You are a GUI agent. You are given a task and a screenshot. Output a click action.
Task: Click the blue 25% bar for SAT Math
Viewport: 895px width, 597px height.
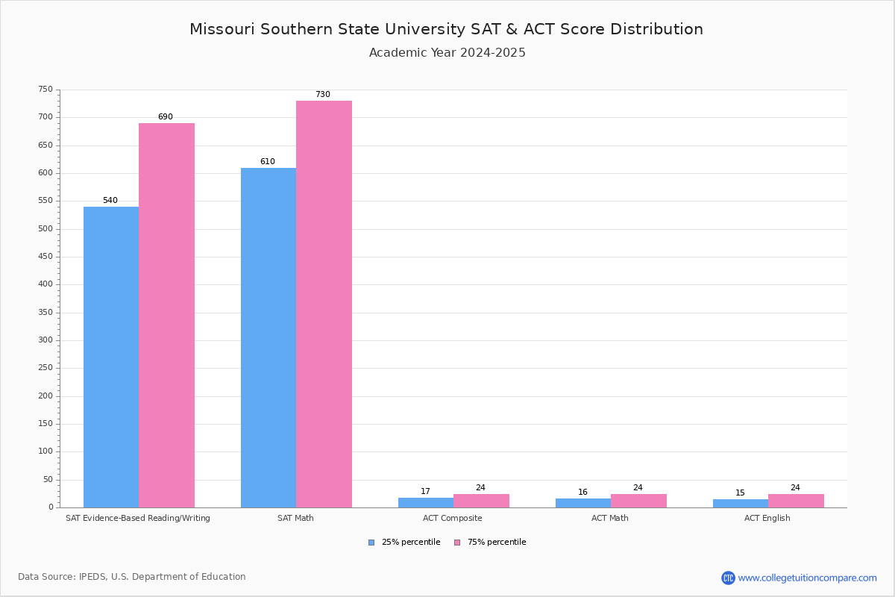(x=268, y=338)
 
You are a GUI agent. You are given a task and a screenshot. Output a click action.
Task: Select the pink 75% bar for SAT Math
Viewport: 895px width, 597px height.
(x=324, y=304)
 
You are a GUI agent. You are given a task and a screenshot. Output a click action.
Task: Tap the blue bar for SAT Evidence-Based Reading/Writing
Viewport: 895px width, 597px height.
(x=111, y=357)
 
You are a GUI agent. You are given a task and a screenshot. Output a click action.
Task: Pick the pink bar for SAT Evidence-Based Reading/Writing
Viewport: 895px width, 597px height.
(x=166, y=316)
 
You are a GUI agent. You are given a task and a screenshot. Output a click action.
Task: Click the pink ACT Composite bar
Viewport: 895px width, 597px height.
(x=482, y=501)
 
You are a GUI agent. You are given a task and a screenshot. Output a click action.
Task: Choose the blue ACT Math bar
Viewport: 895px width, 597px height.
(x=583, y=503)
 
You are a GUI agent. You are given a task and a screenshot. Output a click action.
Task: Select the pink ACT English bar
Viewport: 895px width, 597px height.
(x=796, y=501)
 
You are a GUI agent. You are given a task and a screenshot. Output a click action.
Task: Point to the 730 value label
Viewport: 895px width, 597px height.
(x=323, y=94)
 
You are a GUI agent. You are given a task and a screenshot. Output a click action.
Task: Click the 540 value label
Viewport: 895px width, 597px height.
(x=110, y=200)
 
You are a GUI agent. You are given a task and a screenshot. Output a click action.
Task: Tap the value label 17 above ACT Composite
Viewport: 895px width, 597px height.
(x=425, y=491)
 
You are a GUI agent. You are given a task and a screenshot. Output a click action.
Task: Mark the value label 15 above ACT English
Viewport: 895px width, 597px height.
(x=740, y=493)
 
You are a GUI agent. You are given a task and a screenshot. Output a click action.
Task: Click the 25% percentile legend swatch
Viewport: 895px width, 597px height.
(x=371, y=543)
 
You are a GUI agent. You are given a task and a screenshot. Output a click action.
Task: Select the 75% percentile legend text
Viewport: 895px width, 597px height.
(x=497, y=543)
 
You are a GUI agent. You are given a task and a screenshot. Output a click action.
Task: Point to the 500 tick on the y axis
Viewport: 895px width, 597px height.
(x=45, y=228)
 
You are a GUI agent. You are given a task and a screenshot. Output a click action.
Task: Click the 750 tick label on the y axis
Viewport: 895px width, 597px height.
(x=45, y=89)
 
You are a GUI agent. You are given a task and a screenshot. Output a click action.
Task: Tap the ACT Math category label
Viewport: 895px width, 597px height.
(x=610, y=518)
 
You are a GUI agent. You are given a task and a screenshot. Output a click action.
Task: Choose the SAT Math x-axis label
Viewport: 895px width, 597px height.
(x=295, y=518)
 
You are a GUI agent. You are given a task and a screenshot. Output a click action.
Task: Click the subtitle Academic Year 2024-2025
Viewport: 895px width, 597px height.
(x=447, y=53)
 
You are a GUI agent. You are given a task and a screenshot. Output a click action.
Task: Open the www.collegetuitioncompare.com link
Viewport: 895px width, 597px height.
(x=807, y=578)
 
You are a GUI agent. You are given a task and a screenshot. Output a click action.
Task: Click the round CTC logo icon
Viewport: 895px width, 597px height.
(x=728, y=578)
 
